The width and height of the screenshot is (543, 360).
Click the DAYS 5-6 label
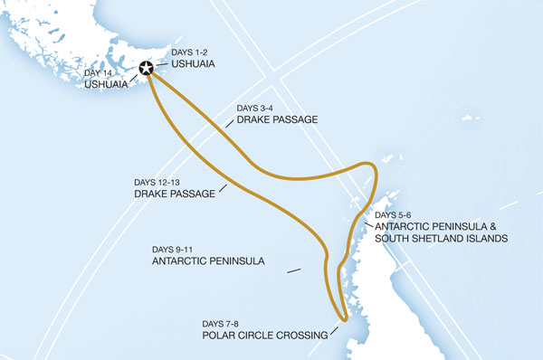pyautogui.click(x=393, y=214)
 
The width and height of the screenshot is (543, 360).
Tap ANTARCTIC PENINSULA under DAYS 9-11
pyautogui.click(x=208, y=261)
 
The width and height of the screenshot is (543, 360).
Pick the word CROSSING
pyautogui.click(x=304, y=336)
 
